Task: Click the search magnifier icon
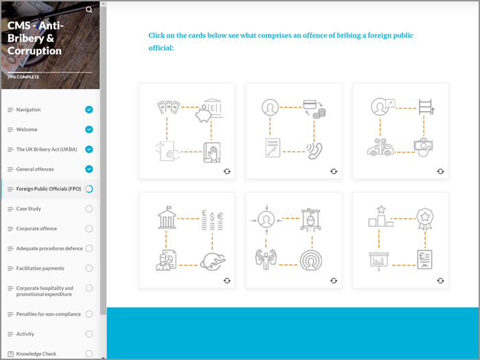tap(89, 10)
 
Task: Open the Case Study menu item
tap(29, 208)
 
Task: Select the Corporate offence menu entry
tap(36, 228)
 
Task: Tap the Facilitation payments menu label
tap(40, 269)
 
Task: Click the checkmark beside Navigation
tap(89, 110)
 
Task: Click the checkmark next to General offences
tap(89, 169)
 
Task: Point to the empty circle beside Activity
tap(89, 334)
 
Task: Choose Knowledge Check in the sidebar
tap(36, 354)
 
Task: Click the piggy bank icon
tap(203, 114)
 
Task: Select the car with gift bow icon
tap(381, 147)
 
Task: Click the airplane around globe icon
tap(213, 261)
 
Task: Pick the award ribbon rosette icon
tap(424, 219)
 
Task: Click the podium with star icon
tap(381, 217)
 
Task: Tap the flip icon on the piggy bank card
tap(227, 171)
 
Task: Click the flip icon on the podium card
tap(440, 280)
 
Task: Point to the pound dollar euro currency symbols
tap(212, 220)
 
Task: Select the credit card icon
tap(309, 105)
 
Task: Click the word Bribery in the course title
tap(26, 38)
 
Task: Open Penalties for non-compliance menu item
tap(49, 314)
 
